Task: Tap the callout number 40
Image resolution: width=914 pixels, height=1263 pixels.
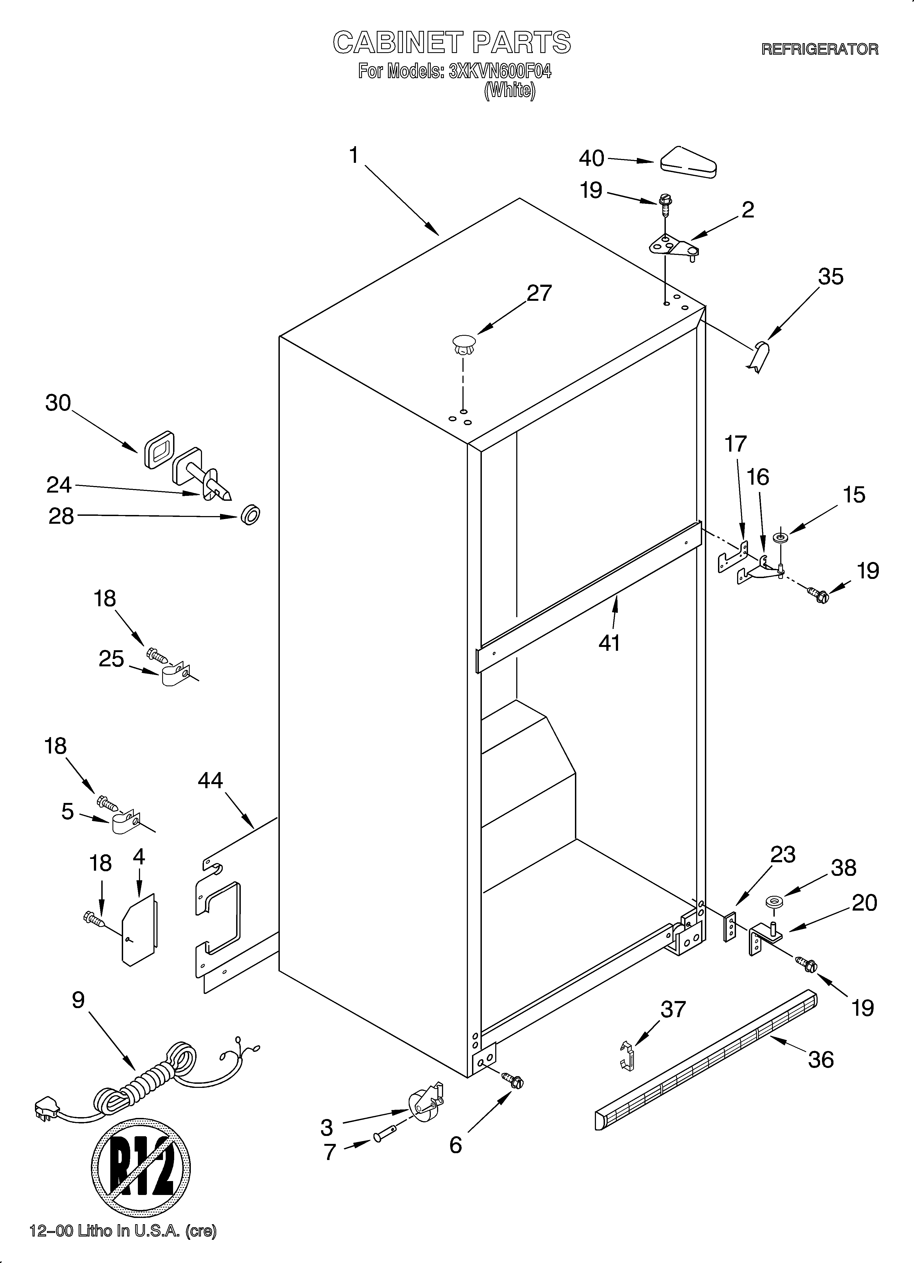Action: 591,159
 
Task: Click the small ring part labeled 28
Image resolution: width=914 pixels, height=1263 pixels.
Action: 251,514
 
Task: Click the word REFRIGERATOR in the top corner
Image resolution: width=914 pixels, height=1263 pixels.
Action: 819,49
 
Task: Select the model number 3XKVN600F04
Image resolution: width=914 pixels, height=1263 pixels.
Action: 499,71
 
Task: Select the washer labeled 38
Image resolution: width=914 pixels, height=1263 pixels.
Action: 772,901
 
